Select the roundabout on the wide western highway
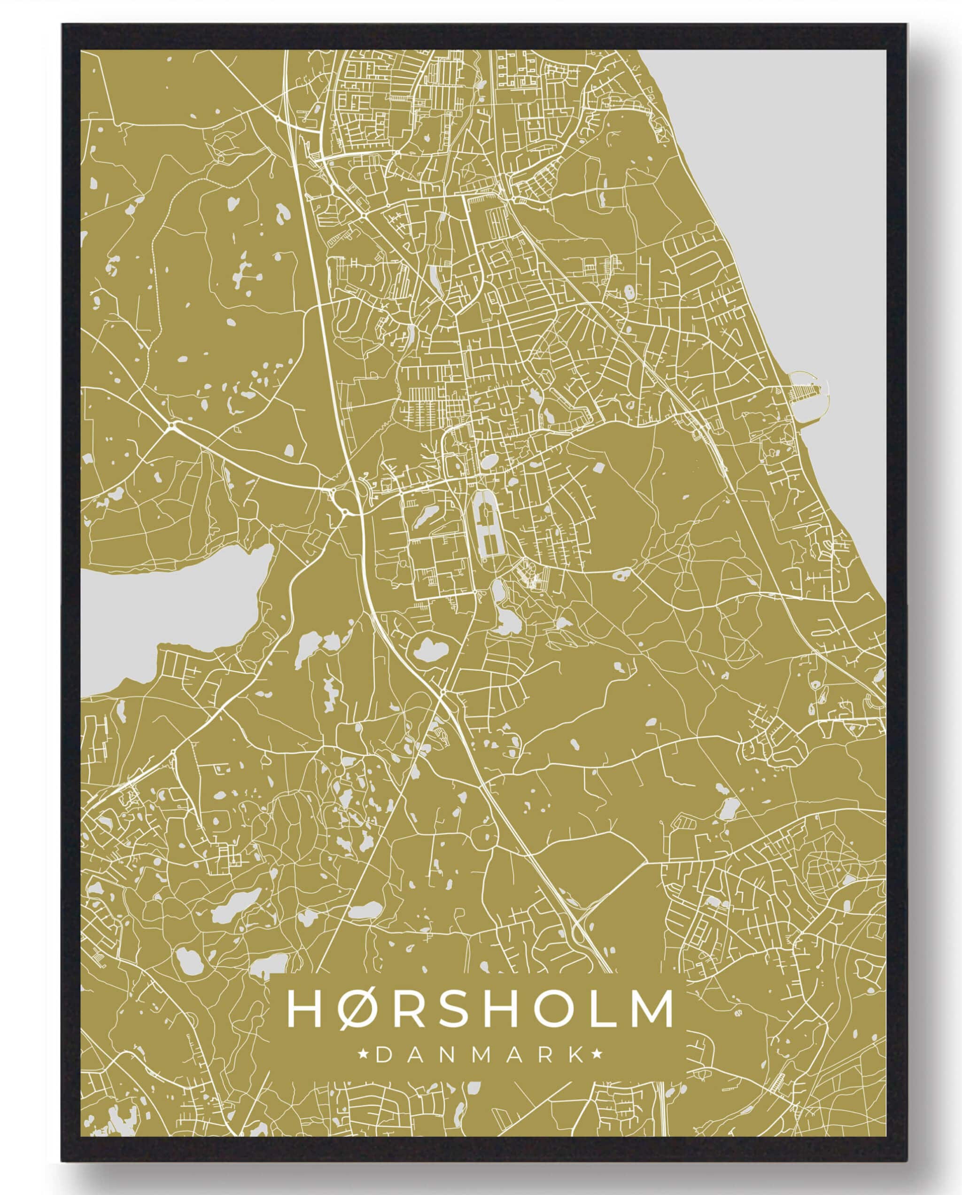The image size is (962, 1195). tap(173, 426)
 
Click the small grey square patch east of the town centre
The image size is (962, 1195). tap(598, 467)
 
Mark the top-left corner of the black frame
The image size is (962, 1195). tap(62, 25)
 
